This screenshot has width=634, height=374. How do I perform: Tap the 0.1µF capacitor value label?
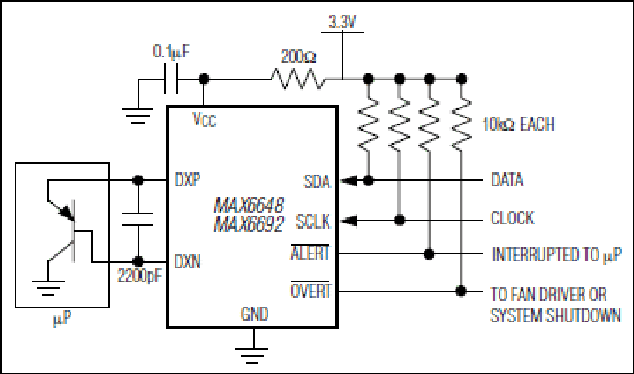pos(171,51)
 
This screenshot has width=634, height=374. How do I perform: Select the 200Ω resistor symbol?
pos(298,78)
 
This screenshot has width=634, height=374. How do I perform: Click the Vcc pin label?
pos(204,120)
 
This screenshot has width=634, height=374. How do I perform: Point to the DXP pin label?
pos(187,179)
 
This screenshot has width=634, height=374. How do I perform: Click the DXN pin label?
pos(187,261)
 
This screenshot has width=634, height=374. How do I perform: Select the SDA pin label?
pos(316,181)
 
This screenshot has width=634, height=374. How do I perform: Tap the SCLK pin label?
pos(313,222)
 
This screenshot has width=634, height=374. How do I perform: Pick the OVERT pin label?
pos(311,290)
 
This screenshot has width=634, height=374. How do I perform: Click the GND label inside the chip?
pos(255,314)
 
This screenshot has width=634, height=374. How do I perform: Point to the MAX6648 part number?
pos(249,205)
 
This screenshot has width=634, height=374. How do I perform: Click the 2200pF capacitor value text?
pos(139,276)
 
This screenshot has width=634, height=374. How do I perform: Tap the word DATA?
pos(507,180)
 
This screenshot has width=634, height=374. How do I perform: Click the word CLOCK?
pos(513,217)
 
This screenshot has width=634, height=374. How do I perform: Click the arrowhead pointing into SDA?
pos(348,181)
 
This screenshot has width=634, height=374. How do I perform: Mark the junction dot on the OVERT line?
pos(461,291)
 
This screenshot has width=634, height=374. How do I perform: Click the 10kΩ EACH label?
pos(518,124)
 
